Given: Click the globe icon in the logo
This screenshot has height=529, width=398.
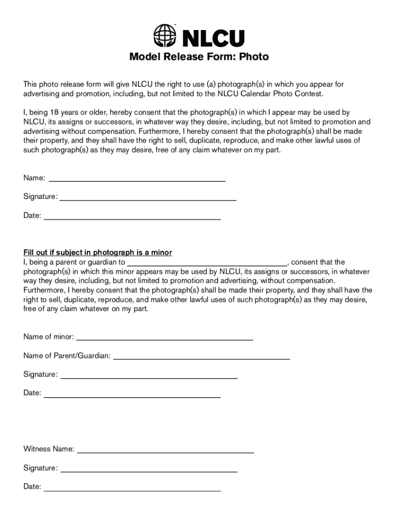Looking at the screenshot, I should [x=165, y=36].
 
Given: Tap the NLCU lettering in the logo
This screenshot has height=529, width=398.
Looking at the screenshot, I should [x=212, y=38].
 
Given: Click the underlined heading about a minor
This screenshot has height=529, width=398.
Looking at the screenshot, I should [x=98, y=253].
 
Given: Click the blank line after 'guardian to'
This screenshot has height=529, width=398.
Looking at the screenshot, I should [x=207, y=262].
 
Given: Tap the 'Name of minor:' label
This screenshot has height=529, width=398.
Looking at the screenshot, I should [x=49, y=337].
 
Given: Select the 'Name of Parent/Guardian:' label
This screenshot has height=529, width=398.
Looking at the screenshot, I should [x=67, y=356].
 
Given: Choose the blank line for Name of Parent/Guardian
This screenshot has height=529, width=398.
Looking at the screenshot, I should [x=202, y=358].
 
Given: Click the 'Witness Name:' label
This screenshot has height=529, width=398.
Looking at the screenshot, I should [x=49, y=449].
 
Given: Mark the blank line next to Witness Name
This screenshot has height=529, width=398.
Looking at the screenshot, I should [x=165, y=452].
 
